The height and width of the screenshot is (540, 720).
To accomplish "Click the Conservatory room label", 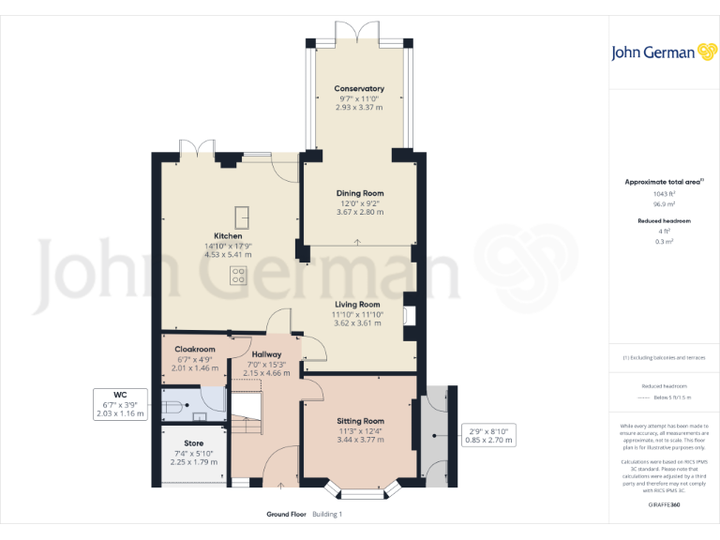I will [x=360, y=89].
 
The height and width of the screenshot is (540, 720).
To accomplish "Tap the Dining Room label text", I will [x=360, y=193].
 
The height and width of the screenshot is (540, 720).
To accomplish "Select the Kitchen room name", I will [x=228, y=236].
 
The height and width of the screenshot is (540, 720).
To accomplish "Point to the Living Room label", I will [x=357, y=305].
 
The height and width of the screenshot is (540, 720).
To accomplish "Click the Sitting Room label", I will [x=360, y=422].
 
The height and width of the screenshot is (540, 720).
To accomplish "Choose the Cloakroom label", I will [x=196, y=350].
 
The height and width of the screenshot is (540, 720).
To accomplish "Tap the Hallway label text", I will [x=265, y=354].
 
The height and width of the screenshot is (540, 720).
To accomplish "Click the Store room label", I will [x=193, y=443].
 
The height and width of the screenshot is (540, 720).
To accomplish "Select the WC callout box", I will [x=120, y=404].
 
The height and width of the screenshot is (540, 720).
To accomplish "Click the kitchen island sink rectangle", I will [x=243, y=217].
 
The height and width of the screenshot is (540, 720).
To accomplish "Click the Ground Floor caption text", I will [x=285, y=515].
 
